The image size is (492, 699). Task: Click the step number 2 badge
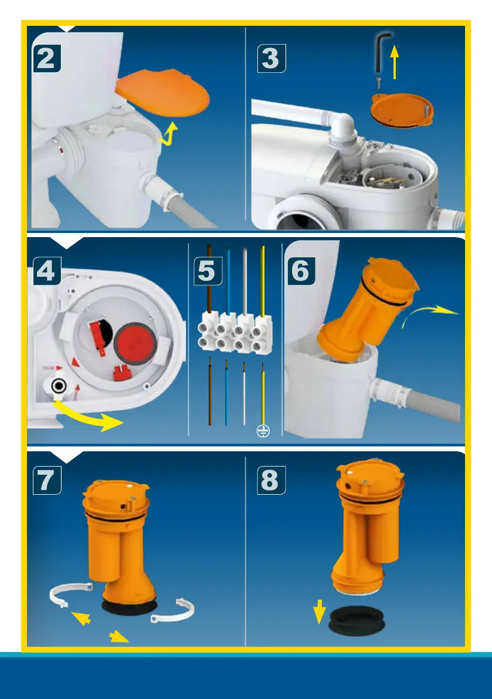pos(47,58)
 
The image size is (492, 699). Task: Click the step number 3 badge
pos(271,58)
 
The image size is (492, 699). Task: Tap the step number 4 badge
pos(47,271)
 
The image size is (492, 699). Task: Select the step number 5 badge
pos(208,271)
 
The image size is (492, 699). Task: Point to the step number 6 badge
pos(301,271)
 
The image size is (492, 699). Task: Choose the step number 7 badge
pos(47,480)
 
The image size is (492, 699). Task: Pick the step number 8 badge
pos(271,480)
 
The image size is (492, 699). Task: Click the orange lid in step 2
pos(164,92)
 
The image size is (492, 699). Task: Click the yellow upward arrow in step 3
pos(395,62)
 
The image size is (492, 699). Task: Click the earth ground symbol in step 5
pos(263,431)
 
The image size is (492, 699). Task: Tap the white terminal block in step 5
pos(235,333)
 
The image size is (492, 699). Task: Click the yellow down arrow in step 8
pos(319,612)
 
